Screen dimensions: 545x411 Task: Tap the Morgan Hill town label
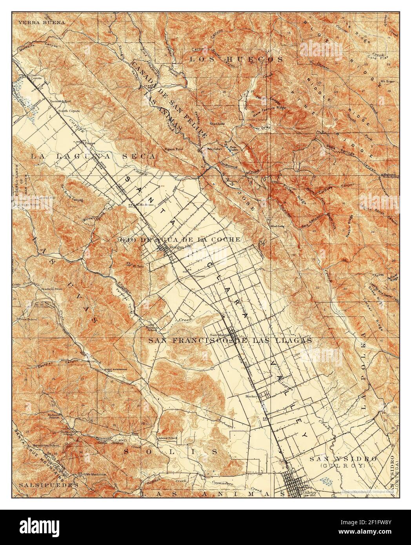point(179,247)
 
